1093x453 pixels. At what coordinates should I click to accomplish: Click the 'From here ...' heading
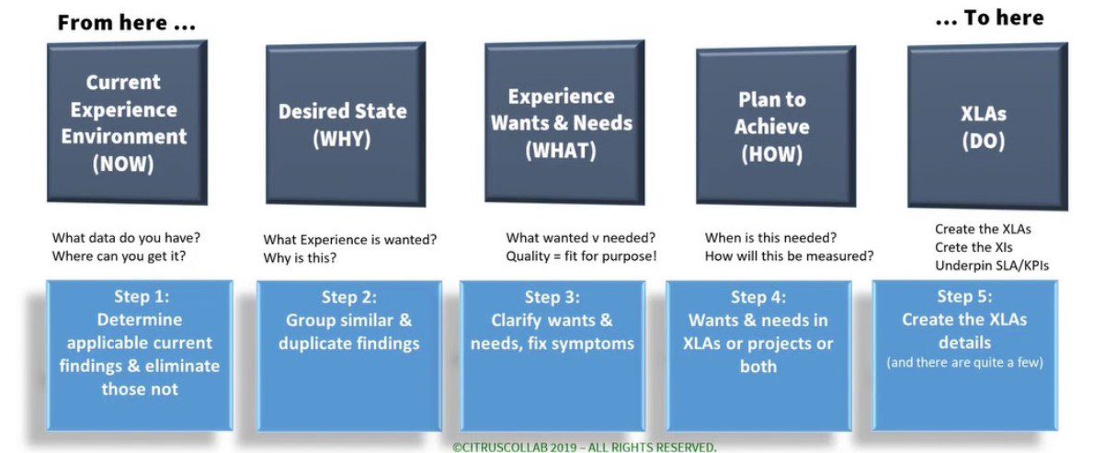point(126,22)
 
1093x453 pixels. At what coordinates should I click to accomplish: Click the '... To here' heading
point(989,18)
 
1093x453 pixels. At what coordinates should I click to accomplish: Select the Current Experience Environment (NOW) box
point(127,122)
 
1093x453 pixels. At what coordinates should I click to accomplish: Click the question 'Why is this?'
point(299,258)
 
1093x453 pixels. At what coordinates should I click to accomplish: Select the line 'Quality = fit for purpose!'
point(581,255)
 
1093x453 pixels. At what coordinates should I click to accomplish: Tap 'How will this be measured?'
point(789,255)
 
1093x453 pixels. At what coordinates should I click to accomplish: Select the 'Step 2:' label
point(349,298)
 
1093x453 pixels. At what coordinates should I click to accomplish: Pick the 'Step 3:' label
point(552,298)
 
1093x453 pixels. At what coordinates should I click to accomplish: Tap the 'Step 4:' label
point(758,298)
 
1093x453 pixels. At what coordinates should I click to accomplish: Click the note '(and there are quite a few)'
point(964,363)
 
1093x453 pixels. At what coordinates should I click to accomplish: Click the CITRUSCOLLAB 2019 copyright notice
point(584,447)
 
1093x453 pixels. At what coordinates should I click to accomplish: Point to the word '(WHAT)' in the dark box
point(561,152)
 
